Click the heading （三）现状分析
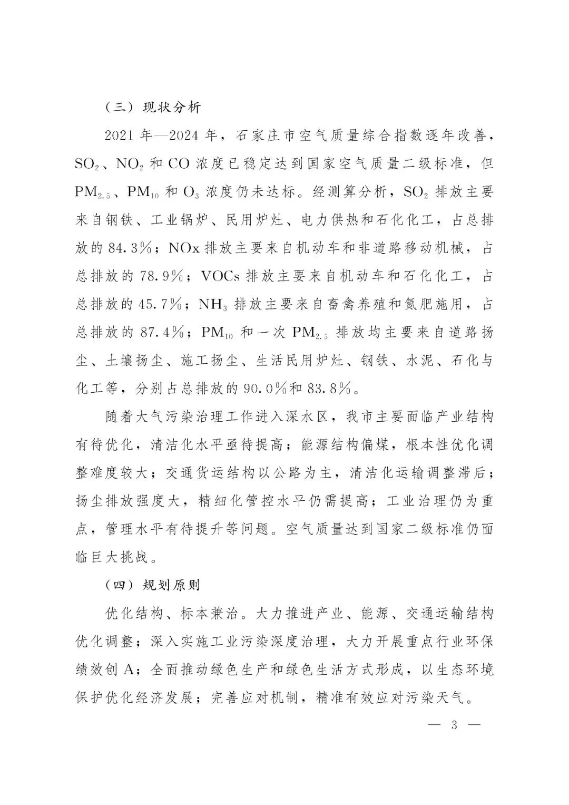coord(153,108)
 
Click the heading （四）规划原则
coord(153,585)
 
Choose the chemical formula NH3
coord(213,305)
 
